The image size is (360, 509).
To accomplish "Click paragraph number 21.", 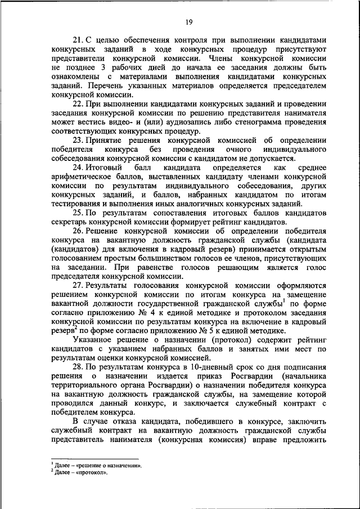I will [x=79, y=40].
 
